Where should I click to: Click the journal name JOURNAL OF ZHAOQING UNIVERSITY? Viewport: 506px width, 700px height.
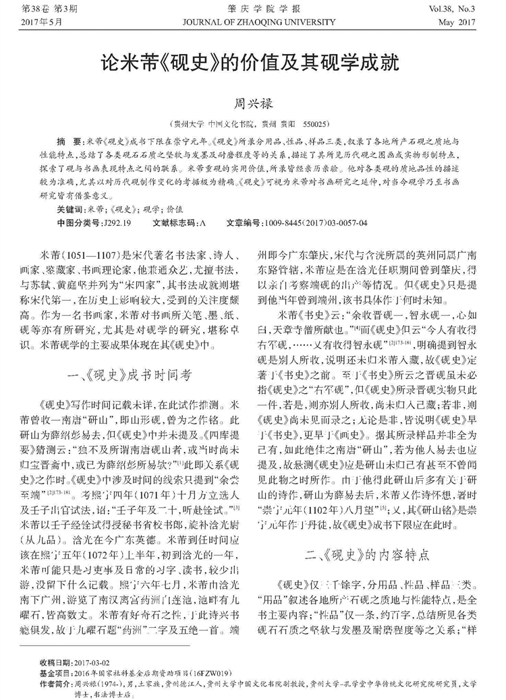click(252, 21)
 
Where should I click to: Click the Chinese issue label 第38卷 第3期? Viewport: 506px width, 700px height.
click(48, 9)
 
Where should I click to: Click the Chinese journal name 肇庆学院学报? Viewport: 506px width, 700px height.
click(252, 9)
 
